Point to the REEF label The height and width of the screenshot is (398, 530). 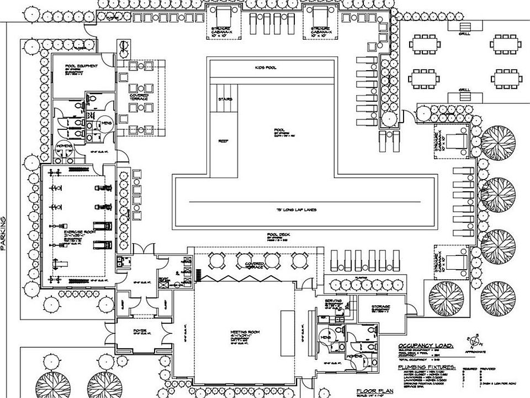click(x=223, y=140)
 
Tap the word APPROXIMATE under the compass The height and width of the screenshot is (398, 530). click(x=475, y=352)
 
